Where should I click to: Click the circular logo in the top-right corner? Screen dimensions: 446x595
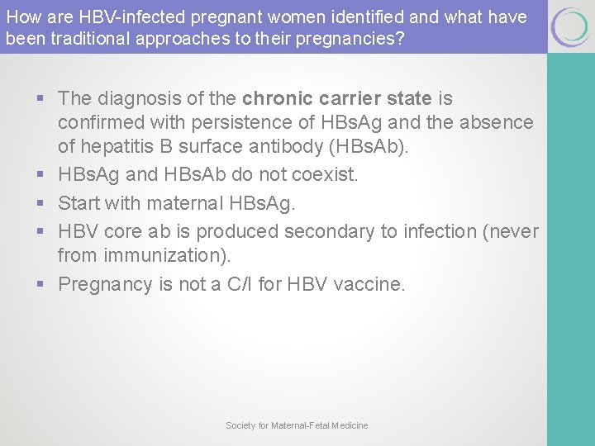570,26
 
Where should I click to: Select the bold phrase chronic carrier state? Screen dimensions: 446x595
337,98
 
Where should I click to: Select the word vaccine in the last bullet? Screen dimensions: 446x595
370,285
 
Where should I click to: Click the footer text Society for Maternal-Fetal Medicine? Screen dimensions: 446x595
297,425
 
